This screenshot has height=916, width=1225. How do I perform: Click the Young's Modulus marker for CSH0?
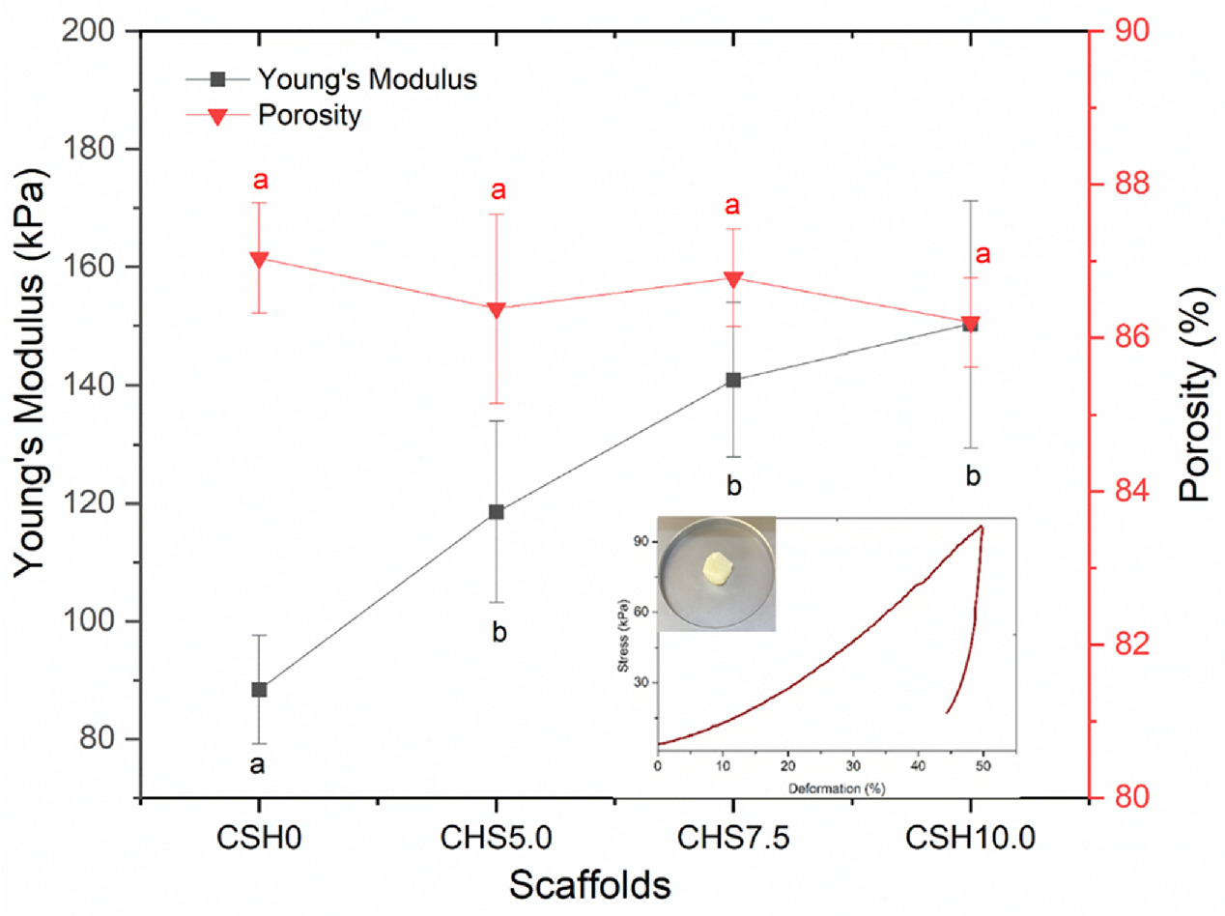(x=259, y=689)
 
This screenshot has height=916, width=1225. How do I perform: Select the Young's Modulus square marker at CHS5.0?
(x=496, y=511)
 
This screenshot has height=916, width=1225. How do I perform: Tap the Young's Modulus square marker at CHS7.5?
(x=733, y=380)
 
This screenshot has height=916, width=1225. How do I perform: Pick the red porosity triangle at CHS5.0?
(x=496, y=310)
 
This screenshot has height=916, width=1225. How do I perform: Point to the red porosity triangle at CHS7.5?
(x=733, y=279)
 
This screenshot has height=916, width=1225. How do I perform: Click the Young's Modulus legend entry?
(x=367, y=79)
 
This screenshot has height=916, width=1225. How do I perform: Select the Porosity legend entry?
(x=309, y=115)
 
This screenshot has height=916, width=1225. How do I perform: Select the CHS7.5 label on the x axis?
(x=733, y=837)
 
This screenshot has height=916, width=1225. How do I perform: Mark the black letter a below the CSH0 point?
(x=259, y=766)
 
